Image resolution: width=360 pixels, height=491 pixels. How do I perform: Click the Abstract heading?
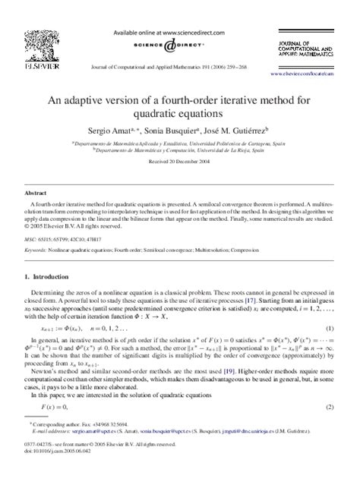click(36, 194)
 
